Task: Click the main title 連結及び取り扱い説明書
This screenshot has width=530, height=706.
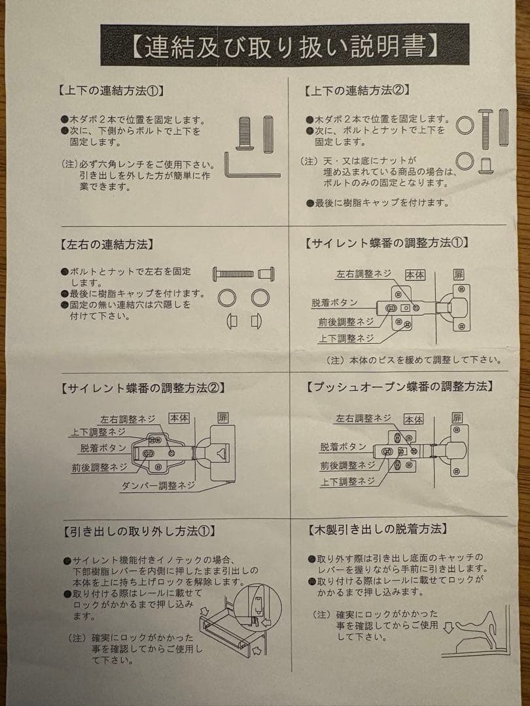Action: coord(285,46)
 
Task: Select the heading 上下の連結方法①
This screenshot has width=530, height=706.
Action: coord(111,90)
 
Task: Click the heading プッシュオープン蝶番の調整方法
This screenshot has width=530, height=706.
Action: coord(398,386)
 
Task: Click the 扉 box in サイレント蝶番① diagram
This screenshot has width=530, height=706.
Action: coord(459,275)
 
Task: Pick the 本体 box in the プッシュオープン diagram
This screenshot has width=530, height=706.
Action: coord(414,419)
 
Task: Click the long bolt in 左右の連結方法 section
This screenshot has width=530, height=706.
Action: coord(233,273)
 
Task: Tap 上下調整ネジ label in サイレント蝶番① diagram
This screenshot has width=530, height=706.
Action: coord(346,338)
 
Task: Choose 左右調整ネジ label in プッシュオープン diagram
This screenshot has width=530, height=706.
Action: coord(364,418)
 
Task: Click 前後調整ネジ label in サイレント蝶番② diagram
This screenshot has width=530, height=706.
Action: coord(99,467)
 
